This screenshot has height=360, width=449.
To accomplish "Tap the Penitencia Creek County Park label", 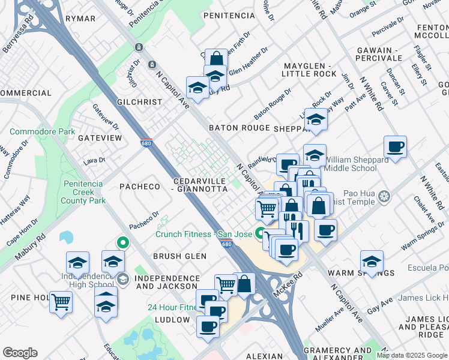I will point(84,192).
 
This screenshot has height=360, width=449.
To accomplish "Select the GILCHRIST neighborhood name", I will point(139,102).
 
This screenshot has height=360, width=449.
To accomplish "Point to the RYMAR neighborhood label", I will point(80,19).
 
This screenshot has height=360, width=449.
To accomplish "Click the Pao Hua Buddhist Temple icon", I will point(384,196).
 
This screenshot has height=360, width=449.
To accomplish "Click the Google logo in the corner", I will point(20,353).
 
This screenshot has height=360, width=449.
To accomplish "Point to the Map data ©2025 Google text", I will point(411,355).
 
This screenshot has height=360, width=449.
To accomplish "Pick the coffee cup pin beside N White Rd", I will point(395,147).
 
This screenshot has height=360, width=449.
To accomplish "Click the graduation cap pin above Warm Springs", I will point(372,262).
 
